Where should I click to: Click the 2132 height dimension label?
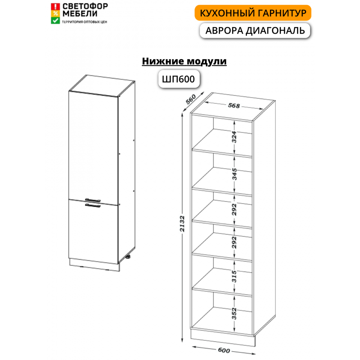pos(182,224)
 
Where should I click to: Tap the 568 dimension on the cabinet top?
pos(234,105)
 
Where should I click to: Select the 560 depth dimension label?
pos(191,99)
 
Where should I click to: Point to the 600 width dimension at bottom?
pos(224,350)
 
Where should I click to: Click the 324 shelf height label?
pos(234,137)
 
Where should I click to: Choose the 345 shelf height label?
pos(234,174)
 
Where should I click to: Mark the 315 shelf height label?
pos(234,276)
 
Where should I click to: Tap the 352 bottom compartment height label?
pos(234,314)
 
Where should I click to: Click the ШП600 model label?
pos(179,79)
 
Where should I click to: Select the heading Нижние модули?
pos(184,61)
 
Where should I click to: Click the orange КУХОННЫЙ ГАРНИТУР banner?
pos(253,13)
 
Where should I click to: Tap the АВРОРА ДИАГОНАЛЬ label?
pos(255,31)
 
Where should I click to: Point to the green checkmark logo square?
pos(55,21)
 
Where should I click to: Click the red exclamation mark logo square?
pos(55,6)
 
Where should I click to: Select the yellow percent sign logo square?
pos(55,14)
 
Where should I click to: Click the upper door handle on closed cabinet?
pos(93,200)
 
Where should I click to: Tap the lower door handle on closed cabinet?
pos(93,206)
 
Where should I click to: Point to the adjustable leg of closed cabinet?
pos(128,257)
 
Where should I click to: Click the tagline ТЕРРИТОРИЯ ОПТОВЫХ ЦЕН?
pos(85,22)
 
